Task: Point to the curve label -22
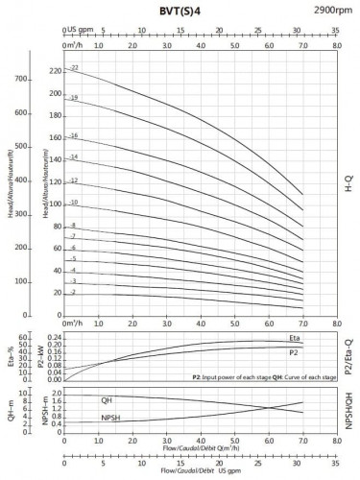[x=73, y=69]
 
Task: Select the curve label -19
[x=73, y=98]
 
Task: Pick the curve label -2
[x=72, y=291]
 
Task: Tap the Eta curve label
[x=295, y=339]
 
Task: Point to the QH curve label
[x=107, y=399]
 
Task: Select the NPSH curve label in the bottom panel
[x=110, y=418]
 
